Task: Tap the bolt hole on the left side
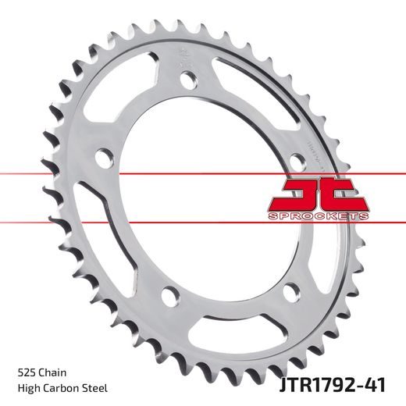click(x=101, y=157)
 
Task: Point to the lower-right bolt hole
click(x=291, y=290)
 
